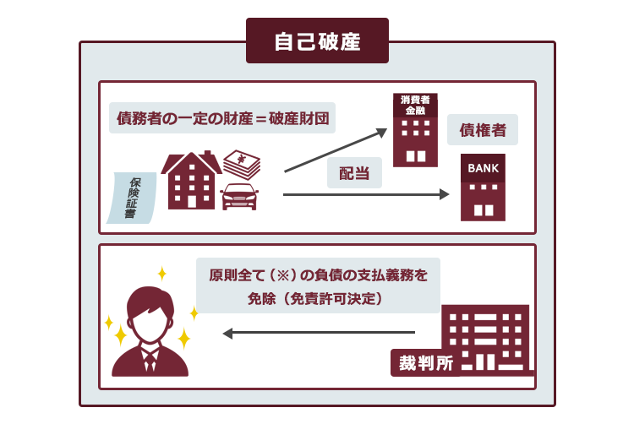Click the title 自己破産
pos(317,41)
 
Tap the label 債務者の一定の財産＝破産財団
pos(223,118)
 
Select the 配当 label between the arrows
pos(354,173)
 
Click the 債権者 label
pos(483,130)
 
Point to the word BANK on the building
pos(484,168)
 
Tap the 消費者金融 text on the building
pos(415,105)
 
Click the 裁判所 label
pos(425,363)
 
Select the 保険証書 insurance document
pos(132,198)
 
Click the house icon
pos(191,180)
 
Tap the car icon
pos(240,197)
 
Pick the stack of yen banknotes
pos(242,165)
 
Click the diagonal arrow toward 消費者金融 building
pos(336,150)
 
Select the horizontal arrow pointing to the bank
pos(366,194)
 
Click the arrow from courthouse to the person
pos(319,333)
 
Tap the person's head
pos(150,314)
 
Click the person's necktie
pos(150,361)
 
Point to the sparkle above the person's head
pos(162,274)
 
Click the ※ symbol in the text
pos(284,275)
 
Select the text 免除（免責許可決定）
pos(315,299)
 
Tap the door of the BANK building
pos(484,210)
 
